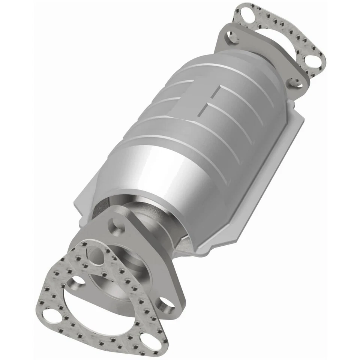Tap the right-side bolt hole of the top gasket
click(x=310, y=60)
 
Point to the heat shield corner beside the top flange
click(x=300, y=120)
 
